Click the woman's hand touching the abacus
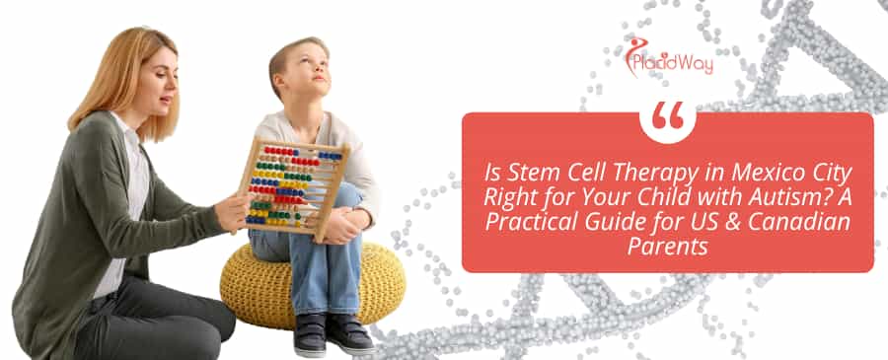point(235,207)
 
